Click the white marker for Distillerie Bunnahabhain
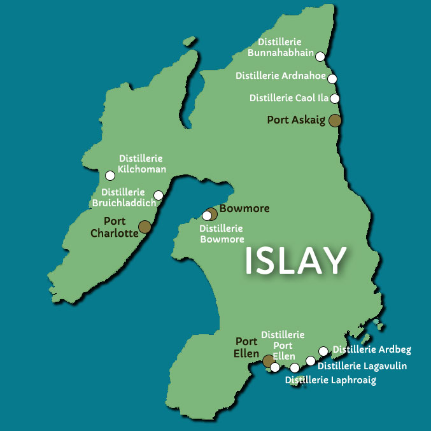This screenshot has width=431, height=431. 320,56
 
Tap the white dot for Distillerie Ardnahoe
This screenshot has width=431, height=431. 332,78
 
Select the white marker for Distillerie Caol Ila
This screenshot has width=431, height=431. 335,98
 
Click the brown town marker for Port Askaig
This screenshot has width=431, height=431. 335,120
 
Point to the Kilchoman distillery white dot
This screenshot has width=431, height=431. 110,175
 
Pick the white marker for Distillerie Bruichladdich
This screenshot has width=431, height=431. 159,195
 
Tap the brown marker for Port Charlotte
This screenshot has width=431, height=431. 145,227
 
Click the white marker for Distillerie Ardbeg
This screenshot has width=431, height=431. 323,351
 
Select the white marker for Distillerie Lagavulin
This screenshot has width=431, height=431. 311,360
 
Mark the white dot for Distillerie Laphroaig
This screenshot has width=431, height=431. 295,368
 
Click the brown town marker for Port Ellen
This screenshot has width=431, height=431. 268,361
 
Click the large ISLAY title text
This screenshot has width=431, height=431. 295,261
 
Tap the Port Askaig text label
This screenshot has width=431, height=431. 296,120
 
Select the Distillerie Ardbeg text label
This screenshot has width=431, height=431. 372,350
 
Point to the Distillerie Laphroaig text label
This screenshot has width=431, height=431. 330,380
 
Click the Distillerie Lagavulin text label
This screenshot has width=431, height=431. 362,366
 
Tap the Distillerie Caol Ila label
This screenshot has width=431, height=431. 290,98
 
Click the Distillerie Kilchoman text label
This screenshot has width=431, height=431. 142,164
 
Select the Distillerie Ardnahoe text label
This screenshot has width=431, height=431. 281,76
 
